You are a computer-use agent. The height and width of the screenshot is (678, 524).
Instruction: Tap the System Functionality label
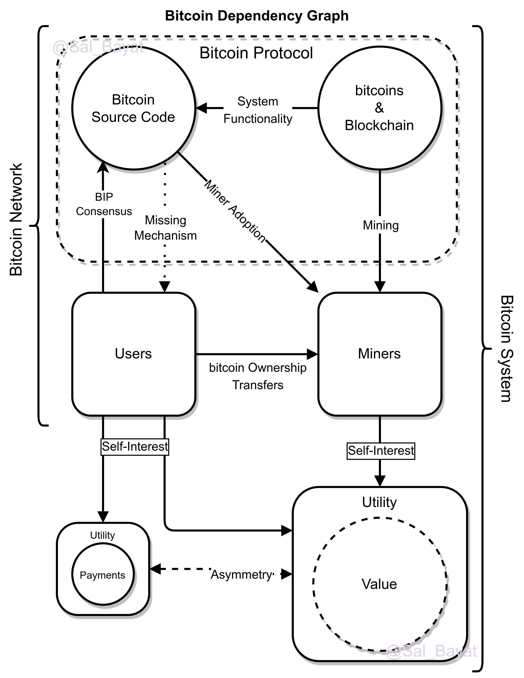258,109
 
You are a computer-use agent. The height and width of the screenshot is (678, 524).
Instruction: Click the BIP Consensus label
104,204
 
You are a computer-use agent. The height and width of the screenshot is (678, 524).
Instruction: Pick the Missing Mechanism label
165,228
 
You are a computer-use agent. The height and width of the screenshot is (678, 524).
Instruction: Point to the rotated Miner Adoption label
236,211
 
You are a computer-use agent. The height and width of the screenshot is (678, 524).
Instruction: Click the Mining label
381,225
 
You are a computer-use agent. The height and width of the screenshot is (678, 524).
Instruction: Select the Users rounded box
134,354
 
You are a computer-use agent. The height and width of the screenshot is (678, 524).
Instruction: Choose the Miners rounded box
379,354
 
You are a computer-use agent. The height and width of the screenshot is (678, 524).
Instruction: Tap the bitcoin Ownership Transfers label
258,376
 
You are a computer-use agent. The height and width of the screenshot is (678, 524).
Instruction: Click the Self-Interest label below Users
135,447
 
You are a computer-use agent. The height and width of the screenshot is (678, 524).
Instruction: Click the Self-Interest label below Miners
381,451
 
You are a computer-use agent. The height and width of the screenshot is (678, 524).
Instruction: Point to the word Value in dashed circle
379,584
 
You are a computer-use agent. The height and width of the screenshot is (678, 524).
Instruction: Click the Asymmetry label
241,575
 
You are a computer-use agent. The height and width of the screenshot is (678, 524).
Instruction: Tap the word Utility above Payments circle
103,535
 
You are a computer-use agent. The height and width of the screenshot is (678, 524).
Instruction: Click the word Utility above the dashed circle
379,502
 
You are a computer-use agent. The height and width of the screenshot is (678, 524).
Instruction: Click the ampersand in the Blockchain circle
379,108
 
